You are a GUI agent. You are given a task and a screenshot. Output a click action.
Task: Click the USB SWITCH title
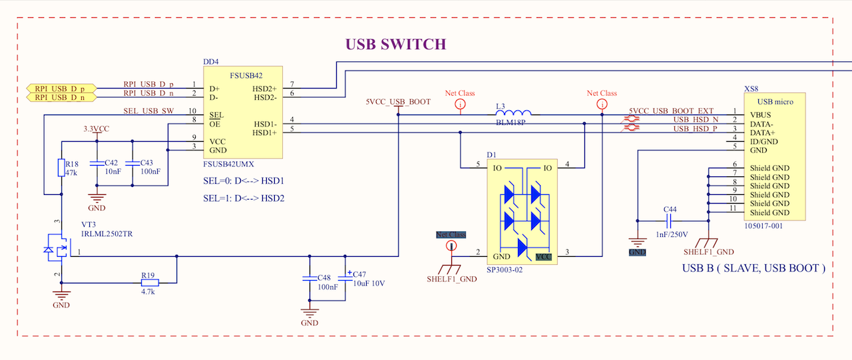point(395,45)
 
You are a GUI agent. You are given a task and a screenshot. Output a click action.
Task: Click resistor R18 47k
point(61,168)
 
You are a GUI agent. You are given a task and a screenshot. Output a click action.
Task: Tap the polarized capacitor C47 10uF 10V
point(345,277)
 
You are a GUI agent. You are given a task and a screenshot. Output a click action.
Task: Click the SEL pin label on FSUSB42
point(216,115)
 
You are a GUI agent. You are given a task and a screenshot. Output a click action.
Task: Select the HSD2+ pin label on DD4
point(264,89)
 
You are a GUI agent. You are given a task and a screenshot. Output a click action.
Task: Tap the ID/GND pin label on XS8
point(765,142)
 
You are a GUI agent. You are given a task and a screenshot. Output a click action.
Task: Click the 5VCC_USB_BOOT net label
point(398,102)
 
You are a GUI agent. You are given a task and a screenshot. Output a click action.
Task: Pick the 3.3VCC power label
point(96,128)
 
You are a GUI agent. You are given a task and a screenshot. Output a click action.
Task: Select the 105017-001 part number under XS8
point(763,226)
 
